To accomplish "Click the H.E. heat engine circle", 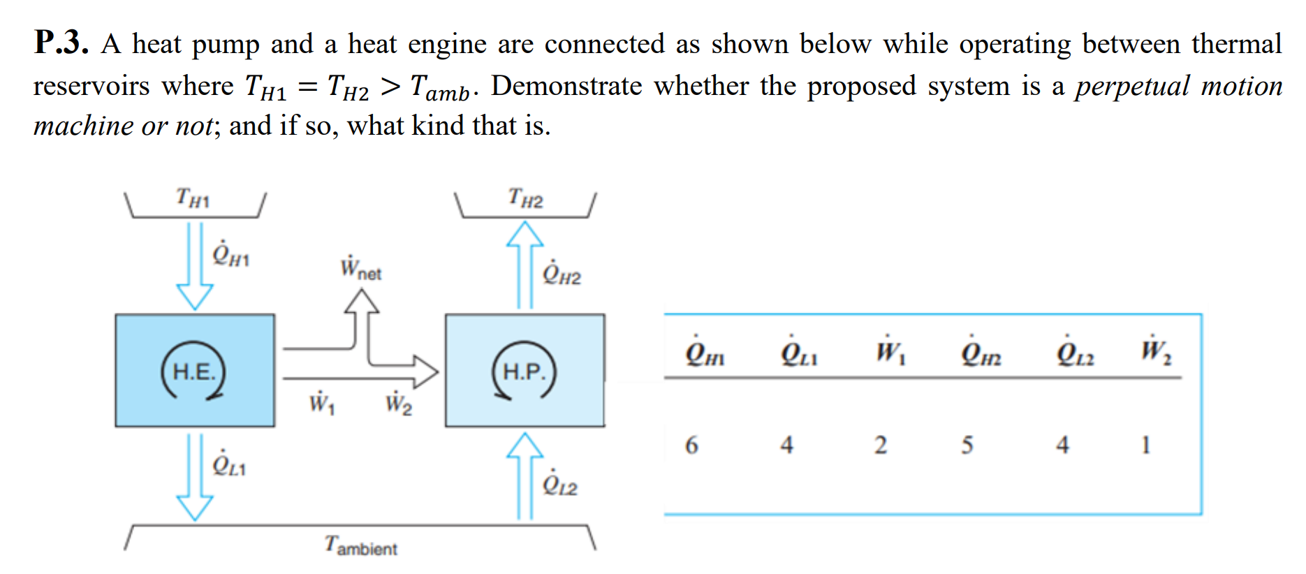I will [193, 371].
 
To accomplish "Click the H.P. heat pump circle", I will [524, 371].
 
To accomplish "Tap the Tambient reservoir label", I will [360, 545].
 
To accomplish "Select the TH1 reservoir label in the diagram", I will [192, 198].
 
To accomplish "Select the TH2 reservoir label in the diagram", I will [525, 198].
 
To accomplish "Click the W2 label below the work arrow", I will [398, 403].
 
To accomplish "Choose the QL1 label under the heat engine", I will [229, 464].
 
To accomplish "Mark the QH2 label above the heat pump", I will [562, 273].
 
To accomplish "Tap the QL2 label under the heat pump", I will [560, 483].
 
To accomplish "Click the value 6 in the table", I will [691, 445].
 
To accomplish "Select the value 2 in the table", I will [881, 445].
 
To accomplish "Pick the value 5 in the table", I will [967, 445].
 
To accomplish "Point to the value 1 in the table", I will [1145, 445].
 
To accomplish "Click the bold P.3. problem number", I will [61, 43].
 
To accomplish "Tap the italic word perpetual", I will [1131, 87].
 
